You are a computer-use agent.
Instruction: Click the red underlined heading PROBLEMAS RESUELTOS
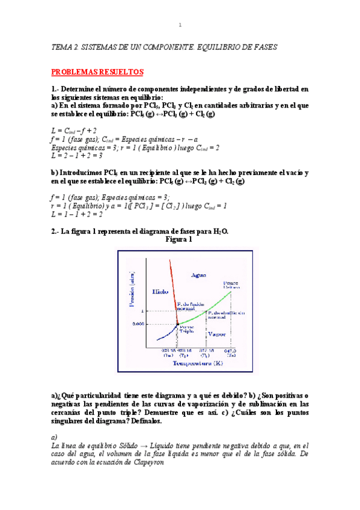click(97, 72)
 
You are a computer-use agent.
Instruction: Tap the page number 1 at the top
click(180, 25)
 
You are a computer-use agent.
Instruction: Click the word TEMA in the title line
click(61, 46)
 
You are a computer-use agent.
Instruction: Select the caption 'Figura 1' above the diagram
click(177, 239)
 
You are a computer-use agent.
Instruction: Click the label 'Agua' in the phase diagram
click(198, 275)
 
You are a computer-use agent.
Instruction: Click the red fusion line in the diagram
click(173, 289)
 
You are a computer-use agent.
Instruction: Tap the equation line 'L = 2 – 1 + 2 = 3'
click(78, 155)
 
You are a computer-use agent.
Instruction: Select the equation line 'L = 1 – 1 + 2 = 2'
click(78, 213)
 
